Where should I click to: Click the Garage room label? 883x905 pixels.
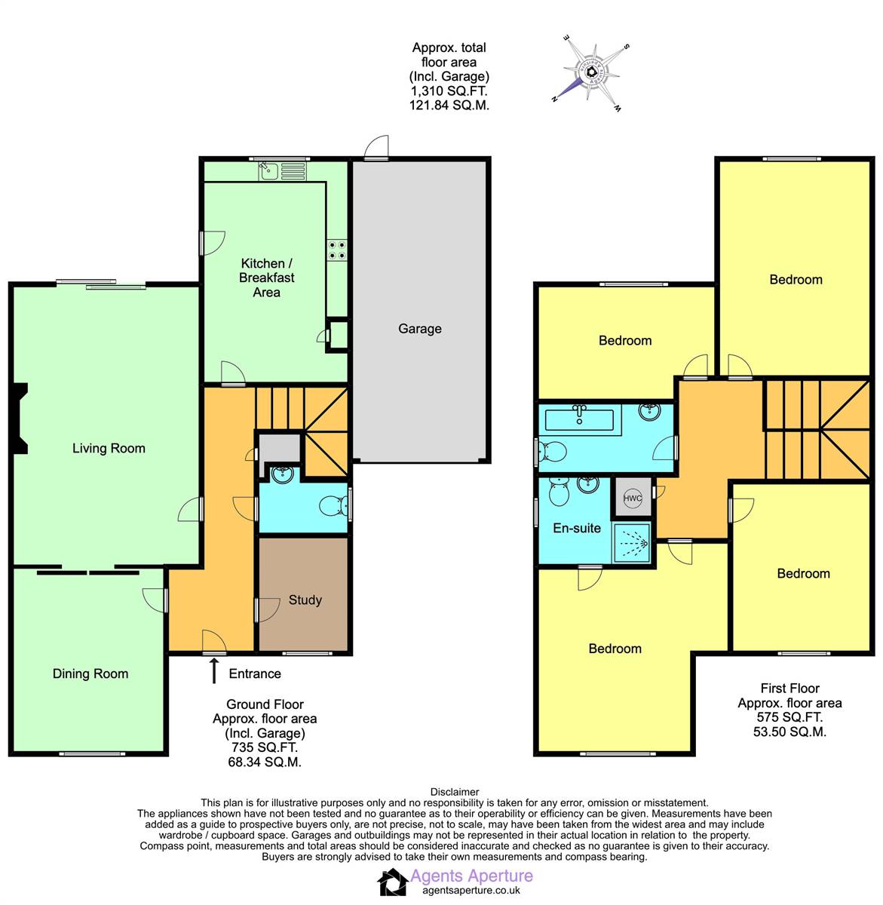pos(419,329)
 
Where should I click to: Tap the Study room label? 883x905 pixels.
pos(305,600)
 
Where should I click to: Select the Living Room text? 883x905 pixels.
pos(109,449)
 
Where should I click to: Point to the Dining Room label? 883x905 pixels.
pos(90,674)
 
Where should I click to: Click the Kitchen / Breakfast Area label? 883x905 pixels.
pos(266,278)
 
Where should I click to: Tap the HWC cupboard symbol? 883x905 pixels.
pos(632,498)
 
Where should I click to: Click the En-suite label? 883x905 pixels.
pos(577,528)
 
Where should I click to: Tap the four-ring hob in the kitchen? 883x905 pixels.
pos(337,250)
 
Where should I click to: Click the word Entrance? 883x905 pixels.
pos(255,674)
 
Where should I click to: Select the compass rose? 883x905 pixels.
pos(592,73)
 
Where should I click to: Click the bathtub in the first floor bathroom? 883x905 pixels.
pos(579,417)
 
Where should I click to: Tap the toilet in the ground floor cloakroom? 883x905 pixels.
pos(331,505)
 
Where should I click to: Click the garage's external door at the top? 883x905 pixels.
pos(375,149)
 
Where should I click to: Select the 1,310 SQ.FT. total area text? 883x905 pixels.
pos(449,91)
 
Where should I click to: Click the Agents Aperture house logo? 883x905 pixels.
pos(392,883)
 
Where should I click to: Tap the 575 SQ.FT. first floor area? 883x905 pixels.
pos(789,717)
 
